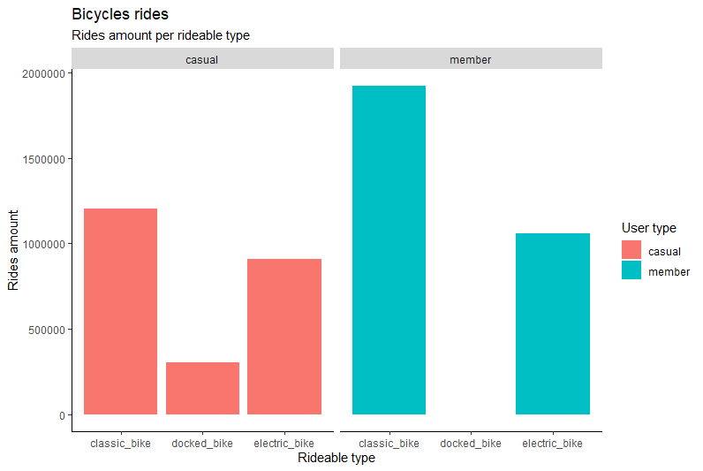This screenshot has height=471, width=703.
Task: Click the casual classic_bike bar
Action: (120, 311)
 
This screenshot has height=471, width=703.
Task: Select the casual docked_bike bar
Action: (202, 388)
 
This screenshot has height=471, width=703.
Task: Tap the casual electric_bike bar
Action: (284, 337)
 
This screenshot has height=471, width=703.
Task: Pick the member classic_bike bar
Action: (389, 250)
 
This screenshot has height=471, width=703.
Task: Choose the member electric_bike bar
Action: (553, 323)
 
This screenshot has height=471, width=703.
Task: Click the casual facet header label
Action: (202, 59)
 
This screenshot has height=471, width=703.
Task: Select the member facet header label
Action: (471, 59)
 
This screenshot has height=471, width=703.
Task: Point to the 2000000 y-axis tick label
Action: (40, 74)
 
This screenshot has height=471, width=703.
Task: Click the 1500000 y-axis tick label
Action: (40, 159)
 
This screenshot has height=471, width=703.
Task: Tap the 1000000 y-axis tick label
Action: (40, 245)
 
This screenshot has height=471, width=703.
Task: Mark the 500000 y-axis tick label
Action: (42, 330)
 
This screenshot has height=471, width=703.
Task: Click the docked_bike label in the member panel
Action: (471, 443)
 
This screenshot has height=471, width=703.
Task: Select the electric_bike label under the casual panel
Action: (284, 443)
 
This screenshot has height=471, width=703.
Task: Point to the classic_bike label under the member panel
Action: (389, 443)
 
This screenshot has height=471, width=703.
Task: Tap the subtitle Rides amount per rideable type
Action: (160, 36)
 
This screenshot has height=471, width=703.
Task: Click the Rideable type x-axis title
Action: (336, 458)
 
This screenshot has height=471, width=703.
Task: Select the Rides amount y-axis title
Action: (13, 250)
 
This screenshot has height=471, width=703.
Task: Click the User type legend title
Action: (648, 229)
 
